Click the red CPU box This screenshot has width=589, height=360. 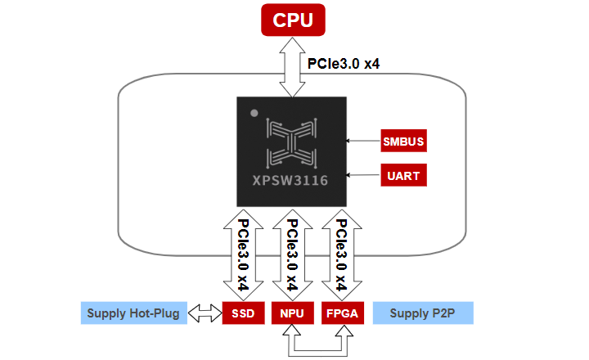[x=292, y=20]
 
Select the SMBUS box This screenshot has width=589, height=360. [x=404, y=140]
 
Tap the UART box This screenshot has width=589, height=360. [x=404, y=175]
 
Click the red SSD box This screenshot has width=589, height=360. [x=241, y=313]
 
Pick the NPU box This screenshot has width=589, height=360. [x=290, y=313]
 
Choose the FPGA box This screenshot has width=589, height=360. [x=341, y=313]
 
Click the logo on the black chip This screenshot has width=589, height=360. [x=291, y=142]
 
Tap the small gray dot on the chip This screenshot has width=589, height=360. [x=254, y=112]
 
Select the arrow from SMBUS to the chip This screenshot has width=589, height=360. [x=364, y=140]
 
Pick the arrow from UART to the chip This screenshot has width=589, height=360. [x=364, y=175]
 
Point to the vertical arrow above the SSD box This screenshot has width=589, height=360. [x=242, y=254]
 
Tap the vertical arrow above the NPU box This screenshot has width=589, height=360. [x=291, y=254]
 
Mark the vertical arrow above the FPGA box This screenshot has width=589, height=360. [x=341, y=254]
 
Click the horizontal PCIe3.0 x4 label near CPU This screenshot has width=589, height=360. [x=343, y=64]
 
